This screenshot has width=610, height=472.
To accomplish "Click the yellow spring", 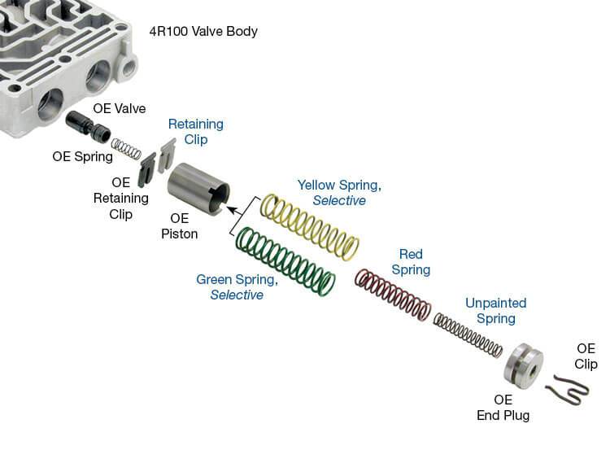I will [308, 227].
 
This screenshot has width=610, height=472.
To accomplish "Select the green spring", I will [285, 260].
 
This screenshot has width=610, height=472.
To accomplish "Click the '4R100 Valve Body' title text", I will [203, 32].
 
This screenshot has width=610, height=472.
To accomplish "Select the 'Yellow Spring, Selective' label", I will [339, 192].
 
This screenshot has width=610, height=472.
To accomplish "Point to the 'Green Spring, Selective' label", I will [237, 286].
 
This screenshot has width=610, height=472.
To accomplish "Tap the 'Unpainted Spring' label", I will [495, 311].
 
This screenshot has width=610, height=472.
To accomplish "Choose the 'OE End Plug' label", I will [503, 407].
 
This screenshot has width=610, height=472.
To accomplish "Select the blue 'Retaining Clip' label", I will [195, 132].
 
